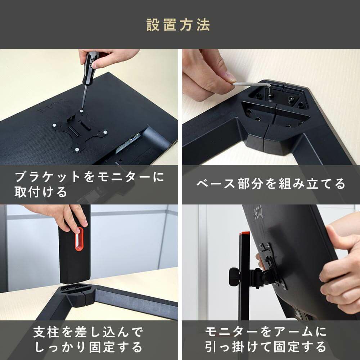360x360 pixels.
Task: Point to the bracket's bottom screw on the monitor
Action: click(x=77, y=150)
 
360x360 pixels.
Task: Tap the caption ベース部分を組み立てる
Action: click(x=271, y=184)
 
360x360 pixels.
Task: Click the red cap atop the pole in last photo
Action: click(x=245, y=235)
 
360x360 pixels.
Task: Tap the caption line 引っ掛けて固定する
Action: click(x=265, y=347)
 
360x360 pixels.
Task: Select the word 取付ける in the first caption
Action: click(x=41, y=192)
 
